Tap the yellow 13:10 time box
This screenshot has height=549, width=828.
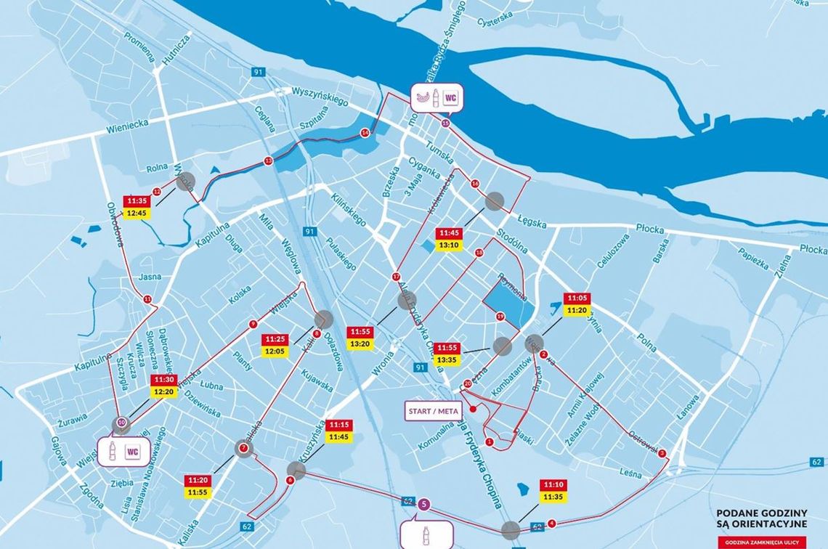click(449, 245)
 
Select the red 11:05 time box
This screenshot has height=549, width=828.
click(577, 298)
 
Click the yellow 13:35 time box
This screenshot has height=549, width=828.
click(445, 359)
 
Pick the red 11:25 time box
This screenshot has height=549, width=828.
click(275, 339)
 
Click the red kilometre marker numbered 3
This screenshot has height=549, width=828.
click(662, 454)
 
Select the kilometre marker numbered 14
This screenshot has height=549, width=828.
click(365, 133)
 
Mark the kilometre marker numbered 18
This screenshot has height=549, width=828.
click(479, 253)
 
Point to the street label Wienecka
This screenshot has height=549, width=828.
click(127, 126)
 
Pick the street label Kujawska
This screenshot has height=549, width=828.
click(317, 378)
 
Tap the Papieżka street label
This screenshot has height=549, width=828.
click(753, 253)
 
